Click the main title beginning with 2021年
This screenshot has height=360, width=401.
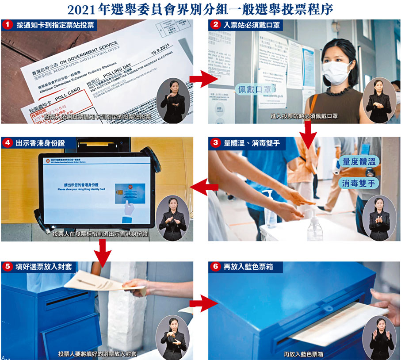point(200,9)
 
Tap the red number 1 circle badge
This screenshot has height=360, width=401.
point(8,24)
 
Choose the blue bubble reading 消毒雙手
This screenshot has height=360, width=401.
point(359,183)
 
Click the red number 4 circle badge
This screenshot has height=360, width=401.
point(8,143)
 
